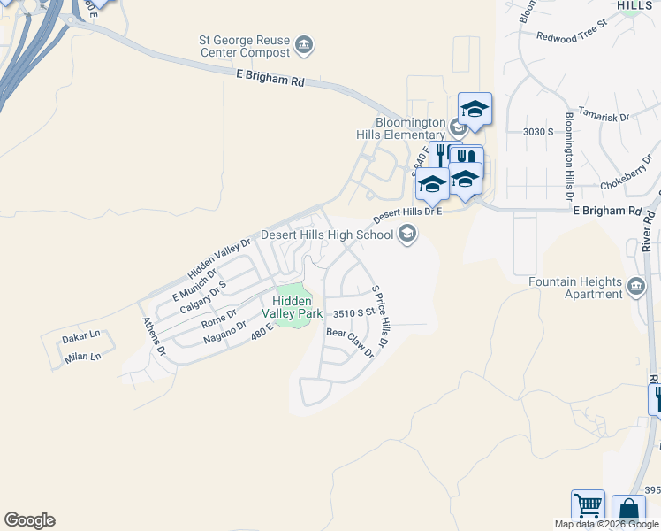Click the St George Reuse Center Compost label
[x=244, y=46]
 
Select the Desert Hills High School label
[x=327, y=235]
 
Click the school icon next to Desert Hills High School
[x=406, y=235]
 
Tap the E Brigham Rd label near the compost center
[x=270, y=79]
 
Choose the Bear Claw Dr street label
[x=351, y=343]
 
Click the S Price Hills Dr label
[x=380, y=316]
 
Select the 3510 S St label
[x=353, y=313]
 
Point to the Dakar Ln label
[x=80, y=337]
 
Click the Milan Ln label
[x=83, y=357]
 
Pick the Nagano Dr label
[x=224, y=331]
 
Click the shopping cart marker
[x=588, y=506]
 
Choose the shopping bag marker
[x=628, y=511]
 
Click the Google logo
[x=29, y=520]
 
